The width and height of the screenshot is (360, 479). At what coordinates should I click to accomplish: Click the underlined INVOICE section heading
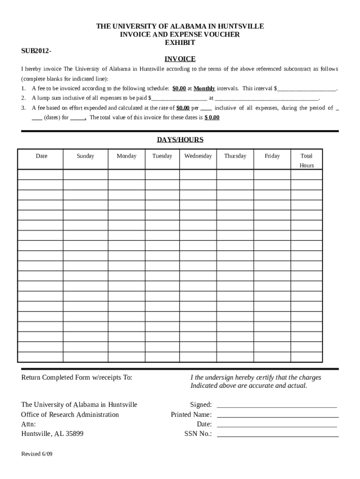[x=180, y=59]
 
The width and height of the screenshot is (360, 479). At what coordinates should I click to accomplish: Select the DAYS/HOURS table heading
[x=180, y=140]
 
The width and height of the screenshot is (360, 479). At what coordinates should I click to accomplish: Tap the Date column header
[x=41, y=156]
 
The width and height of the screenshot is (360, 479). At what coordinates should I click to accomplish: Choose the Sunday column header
[x=85, y=156]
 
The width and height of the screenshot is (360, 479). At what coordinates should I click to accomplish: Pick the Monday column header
[x=126, y=156]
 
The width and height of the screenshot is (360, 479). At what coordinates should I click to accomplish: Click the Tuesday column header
[x=162, y=156]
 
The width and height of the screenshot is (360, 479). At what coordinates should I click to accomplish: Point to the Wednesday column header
[x=198, y=156]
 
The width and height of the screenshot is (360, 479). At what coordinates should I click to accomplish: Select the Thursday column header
[x=235, y=156]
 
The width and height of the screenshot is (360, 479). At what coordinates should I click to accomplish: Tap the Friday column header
[x=272, y=156]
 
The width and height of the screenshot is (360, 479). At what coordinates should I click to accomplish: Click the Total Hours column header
[x=307, y=160]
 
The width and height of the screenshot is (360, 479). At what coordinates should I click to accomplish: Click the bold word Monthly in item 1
[x=204, y=88]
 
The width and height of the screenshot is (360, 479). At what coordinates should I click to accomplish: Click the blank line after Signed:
[x=277, y=405]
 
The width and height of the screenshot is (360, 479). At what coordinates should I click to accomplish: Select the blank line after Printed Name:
[x=278, y=415]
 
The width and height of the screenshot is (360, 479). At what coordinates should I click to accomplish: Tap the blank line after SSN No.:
[x=278, y=435]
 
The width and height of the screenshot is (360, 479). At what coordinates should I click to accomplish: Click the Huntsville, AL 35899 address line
[x=52, y=434]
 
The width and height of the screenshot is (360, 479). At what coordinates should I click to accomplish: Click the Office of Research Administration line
[x=70, y=415]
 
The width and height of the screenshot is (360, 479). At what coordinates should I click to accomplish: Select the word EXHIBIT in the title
[x=180, y=43]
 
